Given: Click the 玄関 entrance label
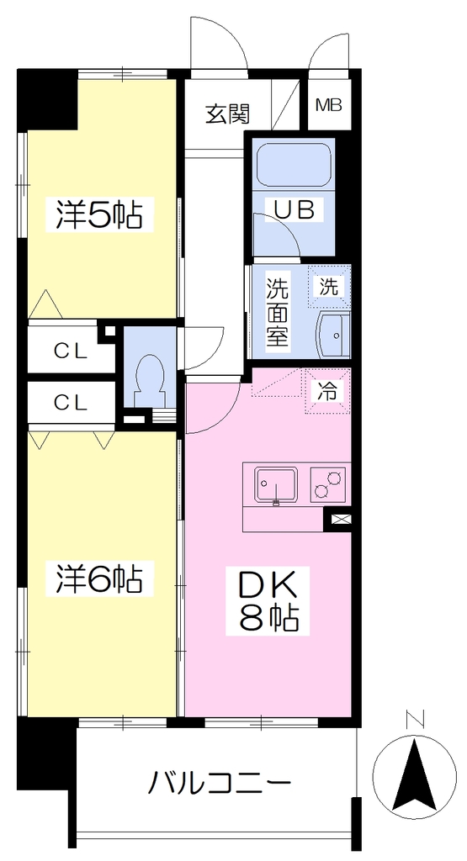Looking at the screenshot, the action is point(227,114).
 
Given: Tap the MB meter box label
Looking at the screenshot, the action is point(329,105).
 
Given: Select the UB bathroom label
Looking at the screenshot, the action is point(295,209).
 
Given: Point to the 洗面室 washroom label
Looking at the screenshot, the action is point(278,312).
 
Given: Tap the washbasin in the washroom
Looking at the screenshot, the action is point(333,335).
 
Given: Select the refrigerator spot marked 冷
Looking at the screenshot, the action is point(328,390).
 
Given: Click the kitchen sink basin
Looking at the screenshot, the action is point(276,484).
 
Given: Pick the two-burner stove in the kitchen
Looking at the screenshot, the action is point(328,483).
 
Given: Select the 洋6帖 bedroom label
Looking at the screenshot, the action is point(99,578).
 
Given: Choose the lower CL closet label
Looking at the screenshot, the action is point(71,403).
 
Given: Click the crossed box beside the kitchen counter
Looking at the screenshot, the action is point(337,518).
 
